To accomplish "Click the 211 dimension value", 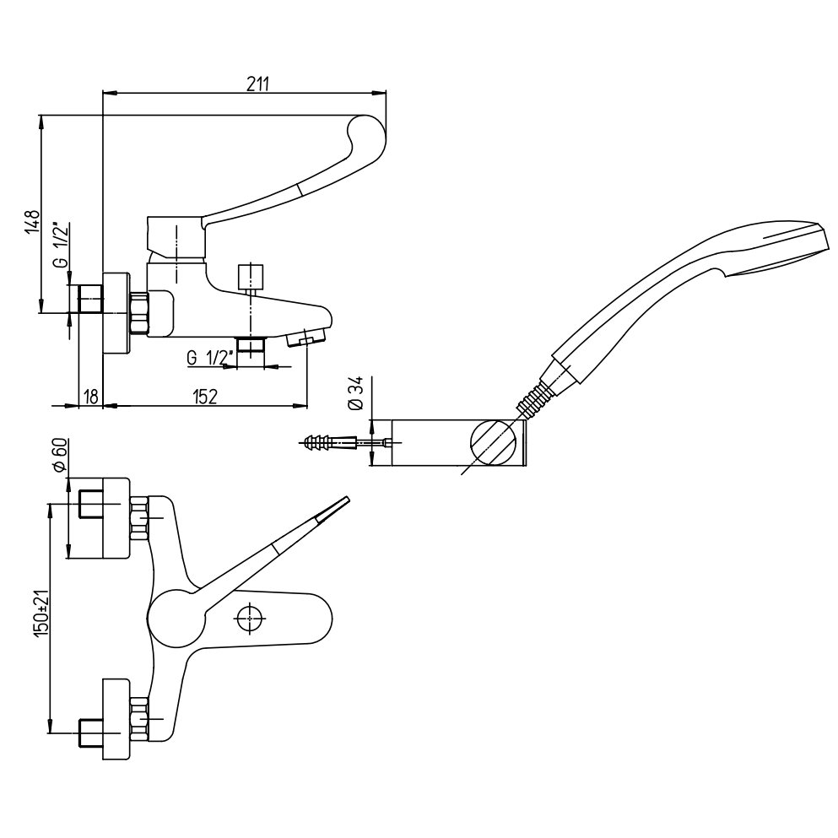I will point(258,83).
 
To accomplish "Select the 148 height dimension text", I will point(32,224).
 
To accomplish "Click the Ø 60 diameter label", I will point(59,458).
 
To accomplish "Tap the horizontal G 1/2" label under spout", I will point(207,357).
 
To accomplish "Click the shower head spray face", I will point(781,251).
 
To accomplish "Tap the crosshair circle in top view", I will point(248,619).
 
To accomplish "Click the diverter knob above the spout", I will point(251,277).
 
